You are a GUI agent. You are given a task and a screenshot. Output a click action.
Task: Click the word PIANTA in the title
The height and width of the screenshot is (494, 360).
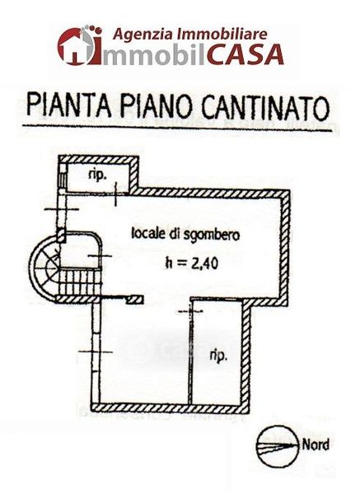click(69, 105)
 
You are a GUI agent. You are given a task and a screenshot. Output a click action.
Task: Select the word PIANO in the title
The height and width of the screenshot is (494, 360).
click(157, 105)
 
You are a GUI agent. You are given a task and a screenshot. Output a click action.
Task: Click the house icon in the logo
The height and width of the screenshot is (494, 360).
click(72, 47)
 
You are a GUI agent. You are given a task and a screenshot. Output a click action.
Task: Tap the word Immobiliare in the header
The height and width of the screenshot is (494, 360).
click(222, 33)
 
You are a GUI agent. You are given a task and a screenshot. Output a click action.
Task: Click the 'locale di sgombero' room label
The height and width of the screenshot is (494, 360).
click(185, 235)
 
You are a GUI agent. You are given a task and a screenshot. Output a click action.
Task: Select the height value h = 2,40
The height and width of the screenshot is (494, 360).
click(192, 263)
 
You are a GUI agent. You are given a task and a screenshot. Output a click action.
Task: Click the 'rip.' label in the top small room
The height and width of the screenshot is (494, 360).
click(97, 175)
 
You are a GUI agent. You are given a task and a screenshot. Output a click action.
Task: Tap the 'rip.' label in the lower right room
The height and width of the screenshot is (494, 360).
click(218, 357)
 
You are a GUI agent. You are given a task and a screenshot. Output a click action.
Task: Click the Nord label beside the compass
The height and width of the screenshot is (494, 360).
click(316, 445)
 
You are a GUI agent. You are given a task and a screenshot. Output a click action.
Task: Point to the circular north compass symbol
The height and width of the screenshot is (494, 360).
click(278, 446)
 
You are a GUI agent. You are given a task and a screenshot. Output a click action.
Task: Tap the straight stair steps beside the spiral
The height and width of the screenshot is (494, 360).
click(80, 282)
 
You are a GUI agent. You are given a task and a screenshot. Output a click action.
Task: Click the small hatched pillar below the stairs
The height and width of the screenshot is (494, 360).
click(135, 300)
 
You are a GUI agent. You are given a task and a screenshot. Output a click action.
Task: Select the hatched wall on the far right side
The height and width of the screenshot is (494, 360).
click(285, 248)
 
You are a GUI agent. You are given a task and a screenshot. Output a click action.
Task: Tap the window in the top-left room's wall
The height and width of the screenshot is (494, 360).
click(63, 179)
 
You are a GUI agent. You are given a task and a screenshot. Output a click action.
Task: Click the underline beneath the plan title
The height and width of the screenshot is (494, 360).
click(177, 128)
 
